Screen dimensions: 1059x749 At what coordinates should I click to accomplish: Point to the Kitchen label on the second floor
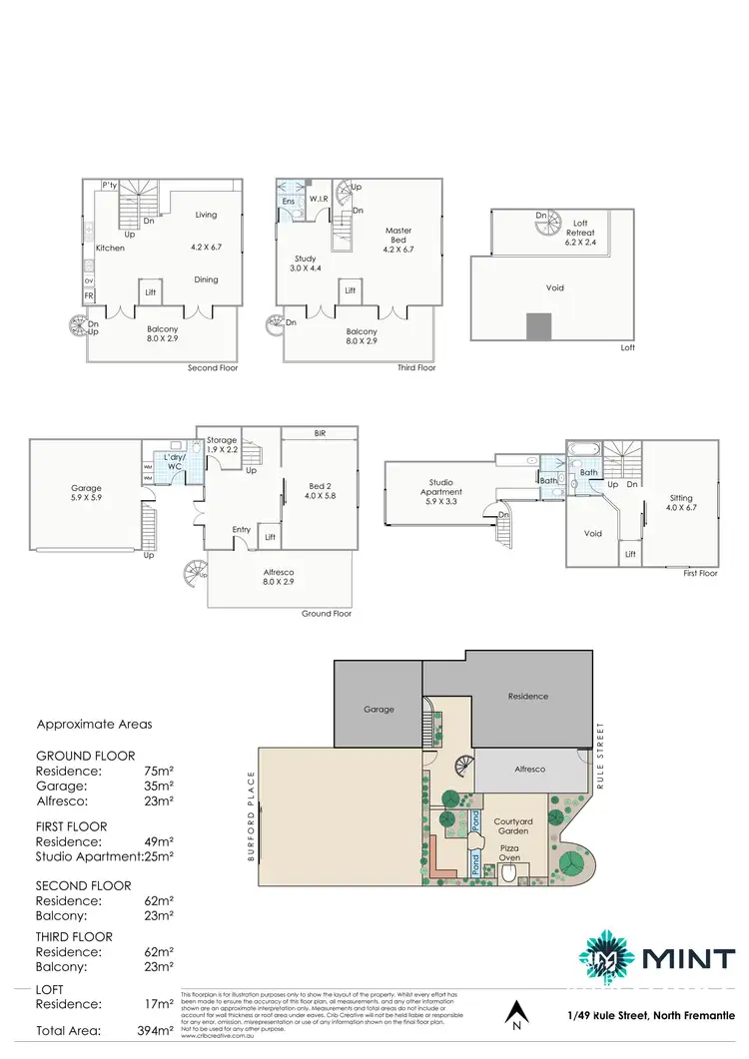click(x=110, y=248)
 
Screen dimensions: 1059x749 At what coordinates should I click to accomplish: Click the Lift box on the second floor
click(x=150, y=291)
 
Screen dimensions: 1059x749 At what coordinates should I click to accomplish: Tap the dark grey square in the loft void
click(x=538, y=326)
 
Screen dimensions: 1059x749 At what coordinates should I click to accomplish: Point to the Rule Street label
click(x=602, y=757)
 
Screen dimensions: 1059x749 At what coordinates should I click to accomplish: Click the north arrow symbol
click(x=515, y=1016)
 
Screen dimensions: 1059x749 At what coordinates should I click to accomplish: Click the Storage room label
click(x=222, y=445)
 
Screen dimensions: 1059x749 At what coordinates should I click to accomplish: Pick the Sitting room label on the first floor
click(x=679, y=503)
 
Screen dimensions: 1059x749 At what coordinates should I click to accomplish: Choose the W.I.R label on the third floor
click(x=320, y=199)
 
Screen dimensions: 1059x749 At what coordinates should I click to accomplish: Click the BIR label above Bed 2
click(x=320, y=433)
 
